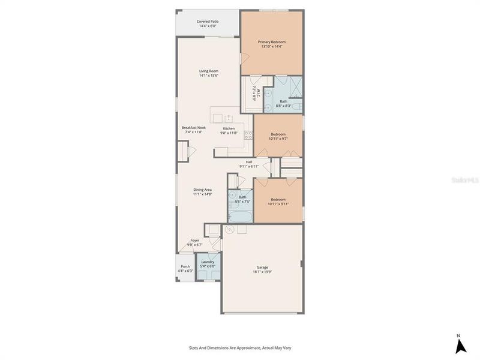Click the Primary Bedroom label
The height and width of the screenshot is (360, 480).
[271, 42]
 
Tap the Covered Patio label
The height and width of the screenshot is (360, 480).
[208, 22]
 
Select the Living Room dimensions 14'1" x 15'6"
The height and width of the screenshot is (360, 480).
[209, 76]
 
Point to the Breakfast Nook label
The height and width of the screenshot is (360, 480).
[193, 128]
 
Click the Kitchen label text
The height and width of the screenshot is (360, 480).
[229, 128]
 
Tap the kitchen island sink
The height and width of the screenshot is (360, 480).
[228, 118]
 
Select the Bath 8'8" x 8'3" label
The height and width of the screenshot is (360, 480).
[283, 101]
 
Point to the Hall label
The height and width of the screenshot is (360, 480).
[249, 161]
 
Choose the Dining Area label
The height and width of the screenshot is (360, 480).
[202, 190]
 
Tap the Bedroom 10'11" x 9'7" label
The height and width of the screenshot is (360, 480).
[277, 134]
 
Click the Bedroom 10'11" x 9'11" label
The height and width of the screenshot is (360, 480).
[277, 199]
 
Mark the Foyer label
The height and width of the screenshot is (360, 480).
[195, 240]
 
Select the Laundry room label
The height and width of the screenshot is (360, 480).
[208, 262]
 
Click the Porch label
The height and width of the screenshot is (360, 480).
[185, 266]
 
